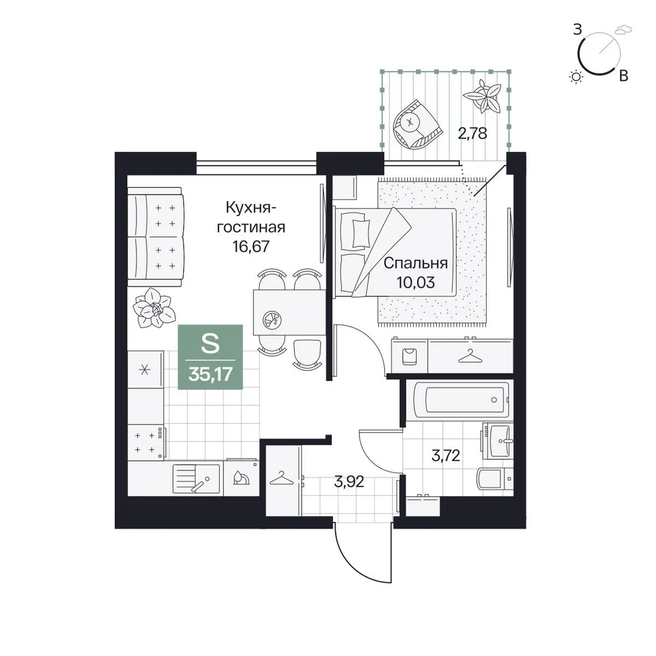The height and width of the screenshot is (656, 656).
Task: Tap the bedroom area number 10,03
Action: (415, 282)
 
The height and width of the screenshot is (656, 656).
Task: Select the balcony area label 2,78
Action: (472, 133)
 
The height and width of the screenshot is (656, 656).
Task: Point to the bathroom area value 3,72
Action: (446, 455)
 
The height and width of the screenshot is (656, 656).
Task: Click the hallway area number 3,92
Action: (350, 482)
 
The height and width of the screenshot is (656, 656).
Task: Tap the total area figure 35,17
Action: (211, 374)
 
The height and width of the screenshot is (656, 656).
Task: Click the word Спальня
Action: (415, 263)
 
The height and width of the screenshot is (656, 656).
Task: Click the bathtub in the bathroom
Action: (461, 400)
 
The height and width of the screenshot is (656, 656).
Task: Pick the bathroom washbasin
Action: (498, 441)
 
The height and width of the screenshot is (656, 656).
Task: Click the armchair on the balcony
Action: (417, 123)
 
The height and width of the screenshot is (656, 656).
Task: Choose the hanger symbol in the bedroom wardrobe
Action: (470, 356)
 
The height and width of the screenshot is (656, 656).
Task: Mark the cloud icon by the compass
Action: (623, 30)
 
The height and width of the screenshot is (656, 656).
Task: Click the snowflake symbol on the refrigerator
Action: (144, 369)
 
